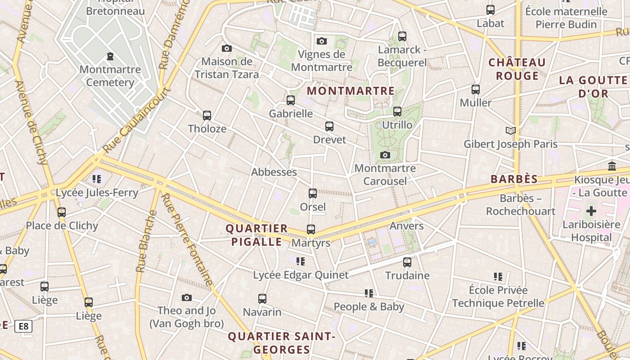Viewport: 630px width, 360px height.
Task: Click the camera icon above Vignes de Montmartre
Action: [x=321, y=41]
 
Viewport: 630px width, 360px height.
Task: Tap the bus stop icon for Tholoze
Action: [x=207, y=116]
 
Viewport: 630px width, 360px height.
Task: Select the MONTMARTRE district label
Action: [x=351, y=91]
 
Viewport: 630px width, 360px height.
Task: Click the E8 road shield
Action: [x=23, y=326]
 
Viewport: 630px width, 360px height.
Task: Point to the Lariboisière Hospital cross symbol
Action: [x=591, y=211]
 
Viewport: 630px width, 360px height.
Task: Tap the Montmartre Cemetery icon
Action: [x=110, y=57]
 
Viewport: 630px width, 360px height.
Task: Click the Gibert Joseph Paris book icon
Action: [x=510, y=131]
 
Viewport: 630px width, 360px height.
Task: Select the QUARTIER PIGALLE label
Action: [x=257, y=235]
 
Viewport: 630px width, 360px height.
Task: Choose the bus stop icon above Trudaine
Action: [x=407, y=262]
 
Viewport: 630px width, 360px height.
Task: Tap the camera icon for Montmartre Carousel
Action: [x=385, y=155]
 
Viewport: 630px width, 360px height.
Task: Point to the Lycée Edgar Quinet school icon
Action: [x=301, y=261]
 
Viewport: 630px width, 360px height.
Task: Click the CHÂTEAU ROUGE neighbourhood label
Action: [x=517, y=69]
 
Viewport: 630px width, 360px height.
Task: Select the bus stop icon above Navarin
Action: [x=262, y=298]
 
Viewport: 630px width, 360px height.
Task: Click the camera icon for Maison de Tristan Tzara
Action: [x=227, y=49]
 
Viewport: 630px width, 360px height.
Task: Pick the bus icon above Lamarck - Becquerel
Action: [x=402, y=36]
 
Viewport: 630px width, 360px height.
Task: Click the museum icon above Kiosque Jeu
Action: [x=612, y=166]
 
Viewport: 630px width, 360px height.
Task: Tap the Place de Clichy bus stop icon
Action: [x=62, y=212]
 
